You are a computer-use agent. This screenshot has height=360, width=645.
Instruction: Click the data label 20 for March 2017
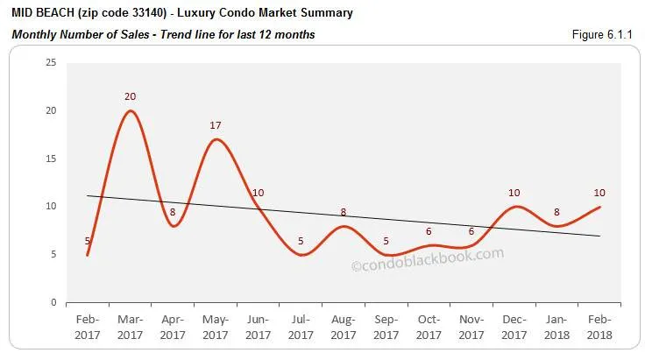[x=131, y=96]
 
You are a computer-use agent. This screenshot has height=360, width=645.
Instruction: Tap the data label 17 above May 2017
[x=216, y=125]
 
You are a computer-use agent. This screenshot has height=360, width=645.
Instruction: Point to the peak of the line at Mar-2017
[x=131, y=110]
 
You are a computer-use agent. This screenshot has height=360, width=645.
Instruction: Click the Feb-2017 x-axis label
[x=88, y=328]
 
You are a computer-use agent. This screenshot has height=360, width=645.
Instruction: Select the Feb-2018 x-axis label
[x=599, y=328]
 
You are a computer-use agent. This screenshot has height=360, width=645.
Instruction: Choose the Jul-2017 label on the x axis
[x=301, y=328]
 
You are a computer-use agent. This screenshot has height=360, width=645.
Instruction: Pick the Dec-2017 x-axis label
[x=514, y=328]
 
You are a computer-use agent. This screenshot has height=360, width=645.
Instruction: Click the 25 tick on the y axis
[x=51, y=62]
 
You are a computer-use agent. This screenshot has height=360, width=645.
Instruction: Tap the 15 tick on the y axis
[x=51, y=159]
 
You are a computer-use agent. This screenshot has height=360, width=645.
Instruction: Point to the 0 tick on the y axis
[x=53, y=302]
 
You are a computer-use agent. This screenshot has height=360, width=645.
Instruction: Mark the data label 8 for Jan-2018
[x=556, y=211]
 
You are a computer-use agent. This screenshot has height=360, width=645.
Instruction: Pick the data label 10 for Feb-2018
[x=599, y=193]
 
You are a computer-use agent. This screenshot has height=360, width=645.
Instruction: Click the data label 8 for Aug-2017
[x=344, y=212]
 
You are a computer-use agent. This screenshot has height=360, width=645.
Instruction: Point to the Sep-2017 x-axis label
[x=386, y=328]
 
